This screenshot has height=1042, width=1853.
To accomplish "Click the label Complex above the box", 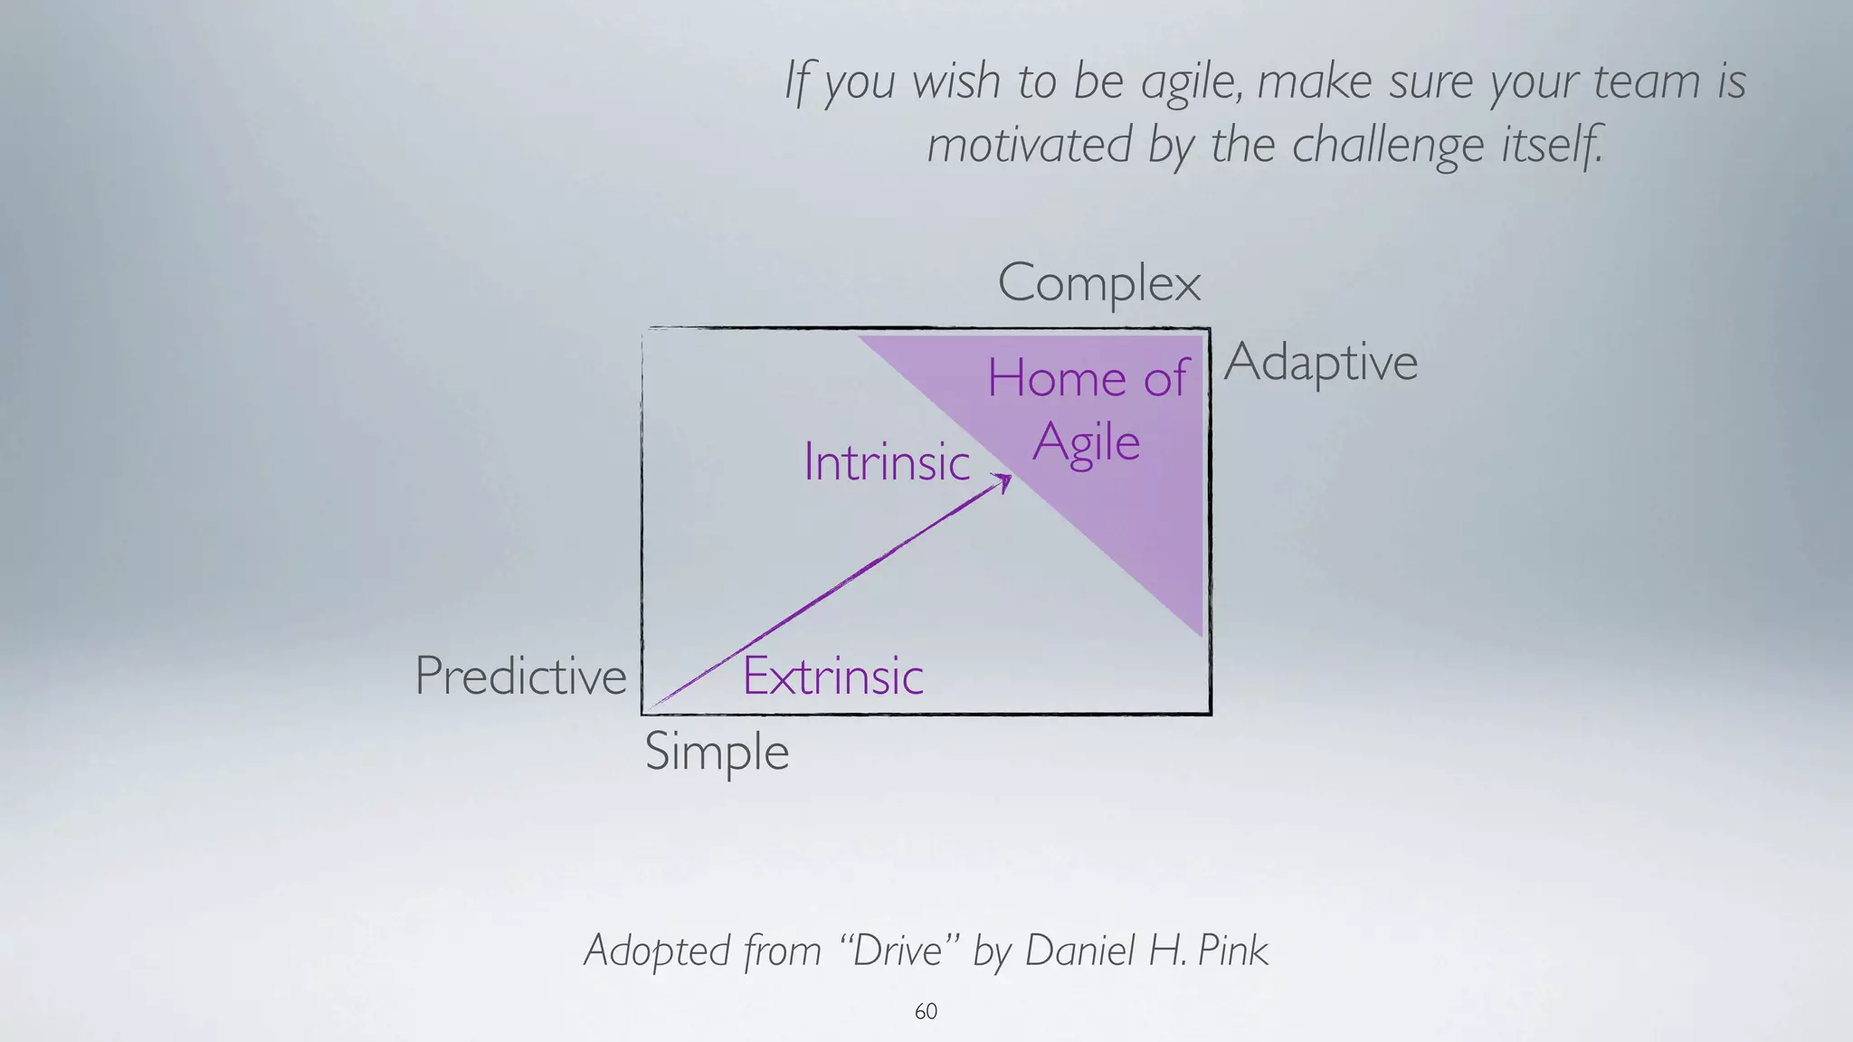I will pyautogui.click(x=1098, y=283).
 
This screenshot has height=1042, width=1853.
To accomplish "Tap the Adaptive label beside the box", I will pyautogui.click(x=1320, y=363).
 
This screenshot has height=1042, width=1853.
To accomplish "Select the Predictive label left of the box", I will pyautogui.click(x=520, y=676).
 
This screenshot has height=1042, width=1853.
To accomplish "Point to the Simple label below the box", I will pyautogui.click(x=717, y=752).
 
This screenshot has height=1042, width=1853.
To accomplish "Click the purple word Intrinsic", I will pyautogui.click(x=887, y=462).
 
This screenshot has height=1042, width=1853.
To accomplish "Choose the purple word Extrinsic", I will pyautogui.click(x=832, y=676).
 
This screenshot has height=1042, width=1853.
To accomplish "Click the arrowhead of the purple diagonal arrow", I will pyautogui.click(x=1003, y=480).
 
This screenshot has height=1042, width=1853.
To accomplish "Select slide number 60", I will pyautogui.click(x=926, y=1011).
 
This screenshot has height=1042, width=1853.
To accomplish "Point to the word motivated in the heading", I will pyautogui.click(x=1030, y=145).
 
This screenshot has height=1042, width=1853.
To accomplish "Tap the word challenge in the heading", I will pyautogui.click(x=1388, y=145).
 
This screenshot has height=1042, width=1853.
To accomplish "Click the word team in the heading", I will pyautogui.click(x=1646, y=81).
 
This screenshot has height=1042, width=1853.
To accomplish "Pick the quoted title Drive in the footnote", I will pyautogui.click(x=898, y=950).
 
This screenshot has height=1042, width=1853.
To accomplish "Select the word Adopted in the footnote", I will pyautogui.click(x=657, y=950).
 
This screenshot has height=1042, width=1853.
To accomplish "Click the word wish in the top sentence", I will pyautogui.click(x=955, y=81).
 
